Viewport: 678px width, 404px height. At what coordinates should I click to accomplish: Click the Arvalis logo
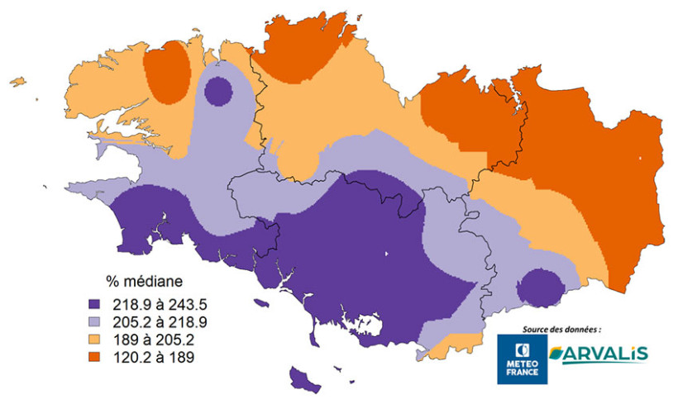(597, 354)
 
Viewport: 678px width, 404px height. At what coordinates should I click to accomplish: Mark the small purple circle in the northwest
(218, 91)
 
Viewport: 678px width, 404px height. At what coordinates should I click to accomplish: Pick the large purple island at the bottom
(303, 379)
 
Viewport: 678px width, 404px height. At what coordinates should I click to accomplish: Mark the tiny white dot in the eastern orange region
(640, 158)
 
